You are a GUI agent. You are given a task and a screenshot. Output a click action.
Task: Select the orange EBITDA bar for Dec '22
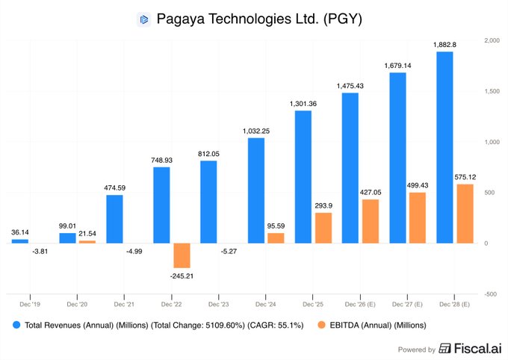tap(181, 255)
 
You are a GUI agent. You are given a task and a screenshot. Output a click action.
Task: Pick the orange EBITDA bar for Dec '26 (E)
tap(369, 221)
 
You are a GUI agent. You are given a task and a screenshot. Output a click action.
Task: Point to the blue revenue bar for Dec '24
tap(255, 190)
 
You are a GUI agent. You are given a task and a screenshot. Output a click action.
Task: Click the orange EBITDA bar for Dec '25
tap(322, 228)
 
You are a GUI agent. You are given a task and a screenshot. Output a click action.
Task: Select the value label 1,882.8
tap(444, 45)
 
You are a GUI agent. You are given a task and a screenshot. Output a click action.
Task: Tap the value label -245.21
tap(181, 275)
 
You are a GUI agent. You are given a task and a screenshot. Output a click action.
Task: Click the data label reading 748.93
tap(161, 160)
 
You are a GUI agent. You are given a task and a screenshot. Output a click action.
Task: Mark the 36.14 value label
tap(20, 232)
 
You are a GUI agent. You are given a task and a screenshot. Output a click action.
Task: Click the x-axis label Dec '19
tap(30, 304)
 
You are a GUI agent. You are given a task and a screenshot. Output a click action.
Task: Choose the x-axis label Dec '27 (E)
tap(407, 304)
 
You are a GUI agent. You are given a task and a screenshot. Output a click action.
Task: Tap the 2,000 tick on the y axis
tap(492, 40)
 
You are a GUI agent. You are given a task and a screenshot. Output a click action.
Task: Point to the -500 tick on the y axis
tap(490, 294)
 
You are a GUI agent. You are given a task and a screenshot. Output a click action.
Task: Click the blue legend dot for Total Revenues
tap(16, 326)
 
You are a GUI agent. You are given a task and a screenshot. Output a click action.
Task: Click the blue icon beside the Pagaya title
tap(143, 19)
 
